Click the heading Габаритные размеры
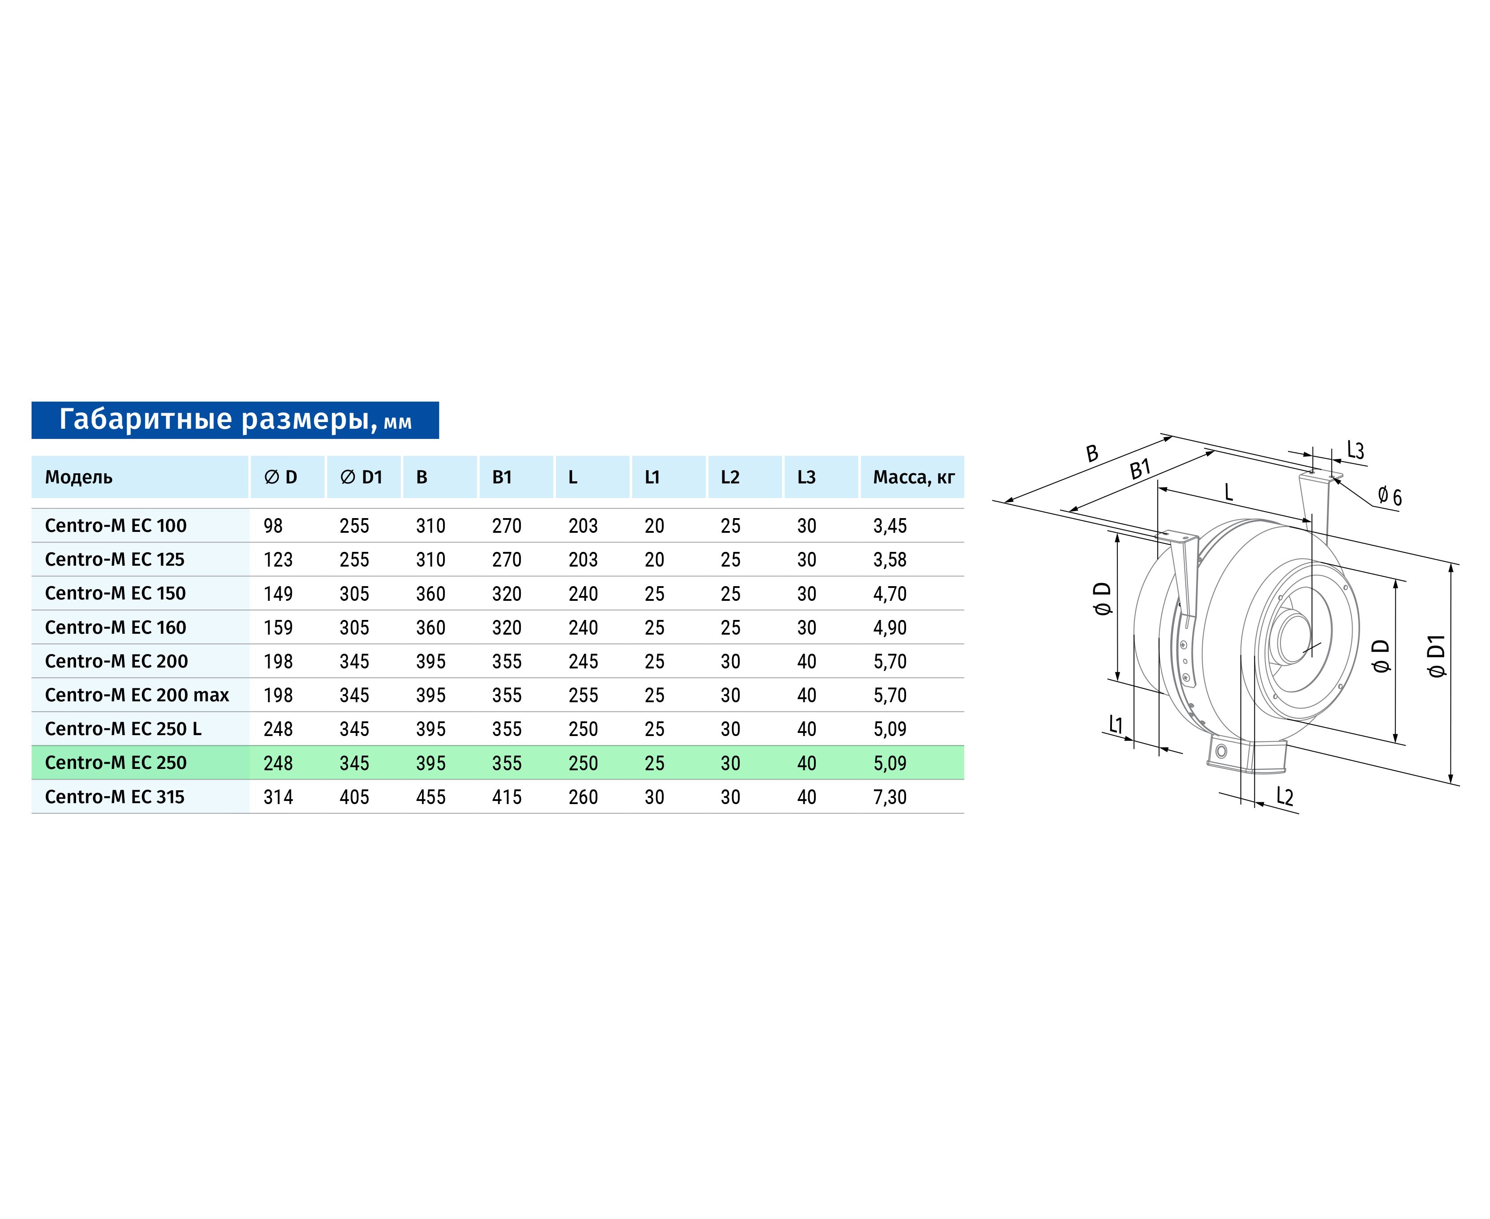point(214,419)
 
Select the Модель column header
point(79,478)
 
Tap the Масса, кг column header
point(914,478)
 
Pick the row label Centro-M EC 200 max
point(137,695)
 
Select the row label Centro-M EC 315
point(114,797)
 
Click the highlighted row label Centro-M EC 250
point(116,763)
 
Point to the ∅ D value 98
point(273,526)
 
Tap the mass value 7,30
point(890,797)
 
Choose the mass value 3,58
point(890,559)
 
